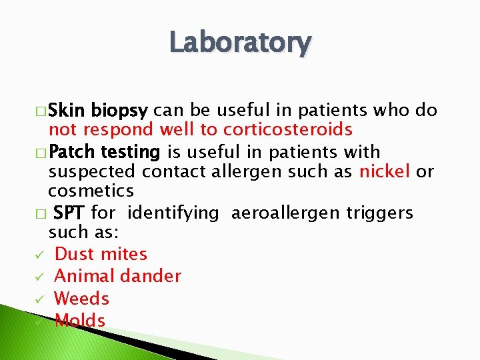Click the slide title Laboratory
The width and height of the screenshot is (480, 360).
click(240, 43)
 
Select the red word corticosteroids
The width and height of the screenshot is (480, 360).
click(288, 129)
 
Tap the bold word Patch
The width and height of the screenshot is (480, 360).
click(72, 152)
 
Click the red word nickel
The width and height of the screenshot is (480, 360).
click(385, 171)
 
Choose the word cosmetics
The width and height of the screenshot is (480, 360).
click(91, 191)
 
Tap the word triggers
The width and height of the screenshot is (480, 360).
click(379, 213)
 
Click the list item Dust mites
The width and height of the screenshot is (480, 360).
click(101, 254)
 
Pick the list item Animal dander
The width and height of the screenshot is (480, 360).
click(117, 276)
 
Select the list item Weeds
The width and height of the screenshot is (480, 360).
click(81, 298)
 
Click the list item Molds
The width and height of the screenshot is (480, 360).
click(80, 321)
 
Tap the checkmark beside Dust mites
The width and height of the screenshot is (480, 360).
click(41, 255)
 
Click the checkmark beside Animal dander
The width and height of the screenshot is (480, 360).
click(41, 277)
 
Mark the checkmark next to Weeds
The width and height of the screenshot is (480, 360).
click(41, 299)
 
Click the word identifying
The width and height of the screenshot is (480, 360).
click(173, 213)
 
